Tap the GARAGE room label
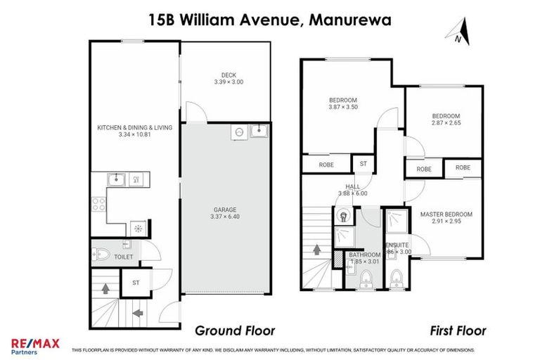tap(225, 209)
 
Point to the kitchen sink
tap(117, 180)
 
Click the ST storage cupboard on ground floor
tap(136, 283)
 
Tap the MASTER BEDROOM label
tap(446, 214)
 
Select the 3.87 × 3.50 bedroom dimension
tap(343, 107)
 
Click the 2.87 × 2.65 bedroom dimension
tap(446, 124)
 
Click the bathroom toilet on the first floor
tap(366, 279)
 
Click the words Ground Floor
tap(234, 330)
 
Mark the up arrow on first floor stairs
tap(316, 249)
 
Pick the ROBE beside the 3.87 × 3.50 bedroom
tap(326, 165)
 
